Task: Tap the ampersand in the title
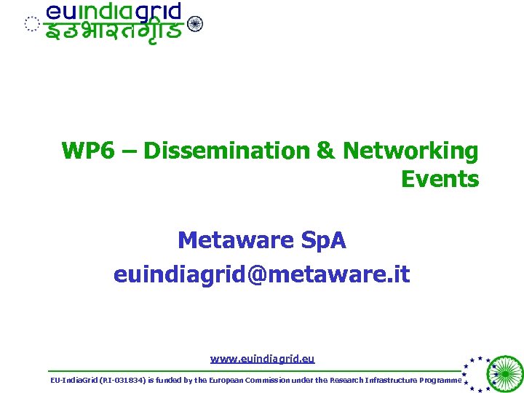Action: (x=325, y=151)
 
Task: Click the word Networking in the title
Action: (x=410, y=151)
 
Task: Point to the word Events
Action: (x=440, y=179)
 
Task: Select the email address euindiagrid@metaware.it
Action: (x=261, y=274)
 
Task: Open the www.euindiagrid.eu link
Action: (x=262, y=359)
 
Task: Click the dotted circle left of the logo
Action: (x=31, y=24)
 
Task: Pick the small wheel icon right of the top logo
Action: (x=195, y=23)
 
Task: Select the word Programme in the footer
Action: (x=439, y=381)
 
